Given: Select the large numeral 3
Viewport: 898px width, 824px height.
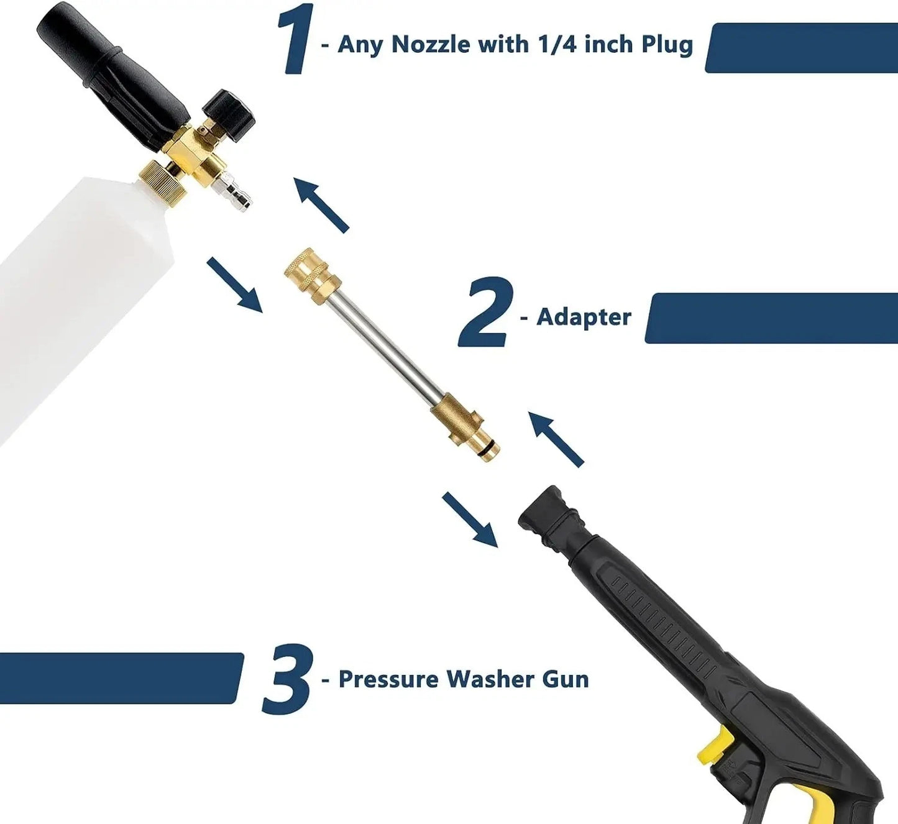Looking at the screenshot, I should [286, 679].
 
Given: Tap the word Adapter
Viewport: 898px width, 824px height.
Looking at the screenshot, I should [584, 317].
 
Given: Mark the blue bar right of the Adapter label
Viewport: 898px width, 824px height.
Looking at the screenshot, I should [771, 318].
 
